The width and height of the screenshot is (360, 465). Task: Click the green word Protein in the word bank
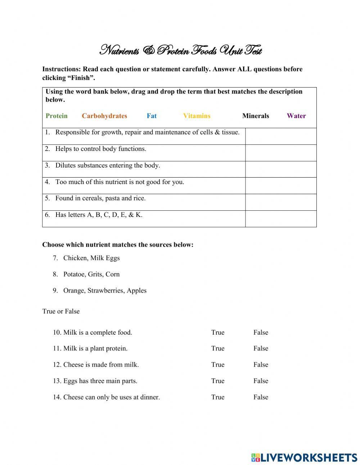57,116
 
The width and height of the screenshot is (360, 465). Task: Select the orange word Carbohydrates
104,116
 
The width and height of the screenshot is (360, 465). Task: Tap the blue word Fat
152,116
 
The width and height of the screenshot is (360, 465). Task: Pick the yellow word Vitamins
197,116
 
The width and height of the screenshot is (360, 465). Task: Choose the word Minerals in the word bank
256,116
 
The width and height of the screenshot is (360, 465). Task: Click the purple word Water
296,116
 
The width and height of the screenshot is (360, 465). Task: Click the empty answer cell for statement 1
281,136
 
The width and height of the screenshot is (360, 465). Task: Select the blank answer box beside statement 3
281,169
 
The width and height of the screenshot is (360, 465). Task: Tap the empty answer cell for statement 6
281,219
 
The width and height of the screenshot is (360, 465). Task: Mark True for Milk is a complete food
218,332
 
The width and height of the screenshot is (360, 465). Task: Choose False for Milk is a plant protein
261,349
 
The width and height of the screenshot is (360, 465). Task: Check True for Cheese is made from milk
218,365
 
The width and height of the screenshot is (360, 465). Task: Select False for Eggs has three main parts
261,381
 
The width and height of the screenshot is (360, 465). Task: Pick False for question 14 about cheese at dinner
261,397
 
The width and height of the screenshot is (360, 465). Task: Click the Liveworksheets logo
304,457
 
